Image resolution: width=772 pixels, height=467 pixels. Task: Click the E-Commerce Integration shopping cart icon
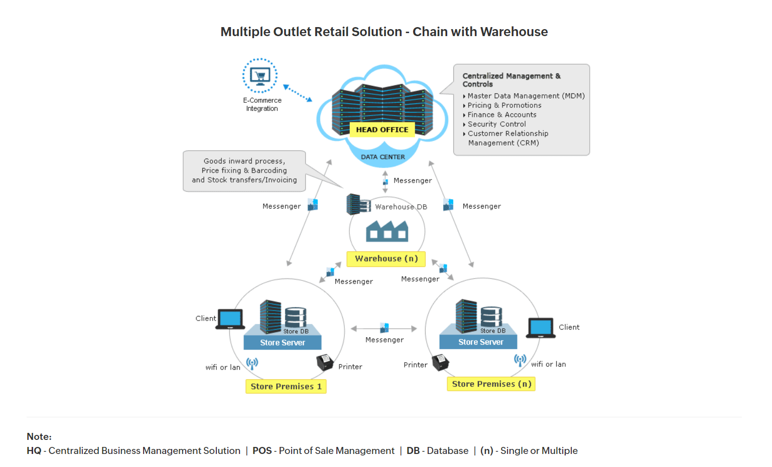point(260,76)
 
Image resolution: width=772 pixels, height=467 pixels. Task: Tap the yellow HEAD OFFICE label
point(382,129)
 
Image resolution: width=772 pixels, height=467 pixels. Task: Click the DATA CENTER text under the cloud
point(382,157)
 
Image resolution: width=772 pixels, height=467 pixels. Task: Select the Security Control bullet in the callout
point(496,124)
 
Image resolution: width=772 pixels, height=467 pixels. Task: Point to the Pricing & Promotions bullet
point(504,105)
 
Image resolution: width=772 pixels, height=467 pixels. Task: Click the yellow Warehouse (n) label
point(386,259)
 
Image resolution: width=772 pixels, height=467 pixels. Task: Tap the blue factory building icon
point(387,231)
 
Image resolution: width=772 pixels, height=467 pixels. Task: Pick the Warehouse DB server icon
point(358,204)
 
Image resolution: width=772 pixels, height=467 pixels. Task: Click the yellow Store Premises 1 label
point(286,386)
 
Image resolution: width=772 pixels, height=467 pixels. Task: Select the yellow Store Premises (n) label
point(491,384)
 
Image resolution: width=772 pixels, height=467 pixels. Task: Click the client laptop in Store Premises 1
point(230,319)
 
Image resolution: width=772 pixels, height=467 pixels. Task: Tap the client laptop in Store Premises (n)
point(541,328)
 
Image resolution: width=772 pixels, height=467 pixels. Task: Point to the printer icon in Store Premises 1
point(325,362)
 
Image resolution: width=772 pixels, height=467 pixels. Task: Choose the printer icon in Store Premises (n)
point(440,362)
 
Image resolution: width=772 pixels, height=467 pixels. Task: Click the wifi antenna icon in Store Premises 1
point(252,363)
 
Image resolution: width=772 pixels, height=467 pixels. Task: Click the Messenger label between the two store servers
point(384,340)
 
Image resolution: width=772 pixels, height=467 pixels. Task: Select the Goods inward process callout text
point(244,171)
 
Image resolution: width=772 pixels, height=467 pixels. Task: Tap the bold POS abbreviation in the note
point(262,450)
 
